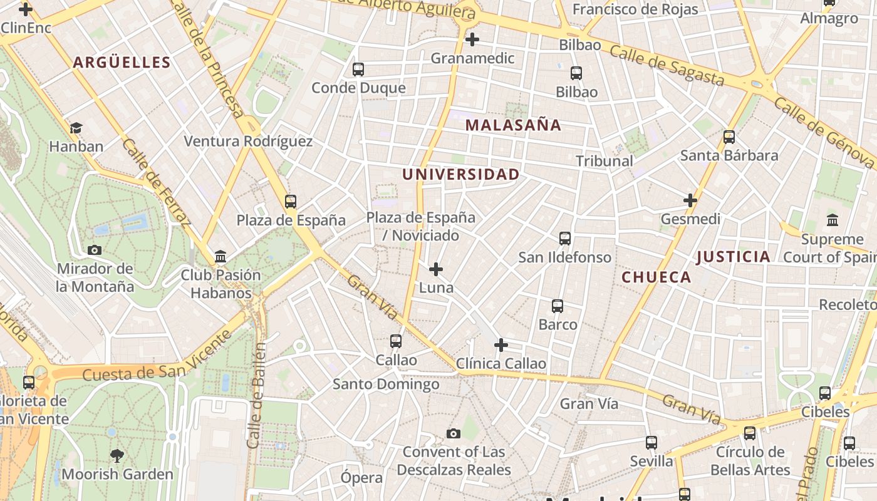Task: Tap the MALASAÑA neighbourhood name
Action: pyautogui.click(x=513, y=125)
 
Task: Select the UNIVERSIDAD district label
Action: pyautogui.click(x=461, y=174)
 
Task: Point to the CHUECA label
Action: pyautogui.click(x=656, y=277)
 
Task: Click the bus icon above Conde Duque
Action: pyautogui.click(x=358, y=70)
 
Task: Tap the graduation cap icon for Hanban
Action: pyautogui.click(x=76, y=128)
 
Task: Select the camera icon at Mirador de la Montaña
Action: pyautogui.click(x=95, y=250)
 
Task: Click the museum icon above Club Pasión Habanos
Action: pyautogui.click(x=221, y=257)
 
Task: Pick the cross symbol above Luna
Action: pyautogui.click(x=436, y=270)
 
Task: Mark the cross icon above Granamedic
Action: pyautogui.click(x=472, y=40)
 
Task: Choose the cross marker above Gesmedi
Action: pyautogui.click(x=690, y=201)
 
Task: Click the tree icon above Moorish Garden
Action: pyautogui.click(x=117, y=455)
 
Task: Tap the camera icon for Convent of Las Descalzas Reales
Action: pyautogui.click(x=454, y=433)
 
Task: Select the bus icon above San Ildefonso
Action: pyautogui.click(x=565, y=239)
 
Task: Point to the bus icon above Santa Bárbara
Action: pyautogui.click(x=729, y=137)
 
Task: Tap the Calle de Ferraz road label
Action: pyautogui.click(x=157, y=182)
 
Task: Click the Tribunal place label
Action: pyautogui.click(x=605, y=161)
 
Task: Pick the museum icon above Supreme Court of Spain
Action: pyautogui.click(x=833, y=220)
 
